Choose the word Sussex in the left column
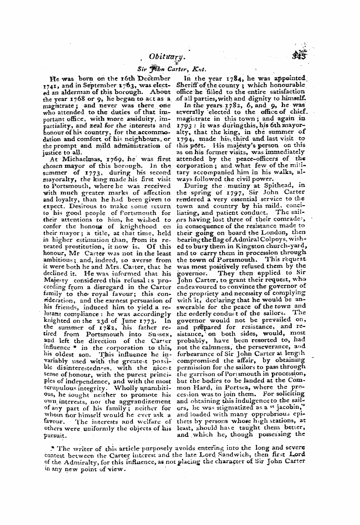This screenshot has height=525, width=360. click(158, 334)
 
